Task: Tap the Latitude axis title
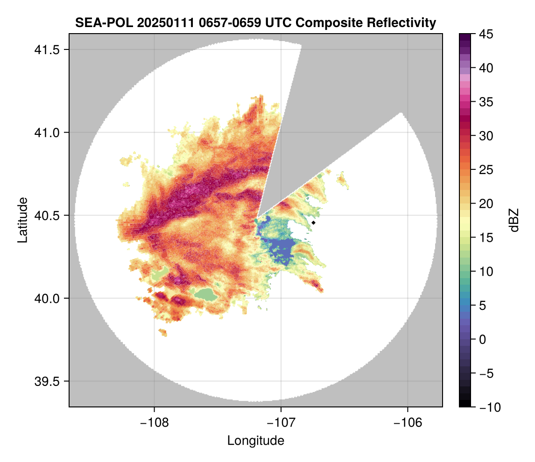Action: [22, 220]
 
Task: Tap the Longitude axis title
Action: [255, 440]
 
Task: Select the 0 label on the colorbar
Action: [482, 339]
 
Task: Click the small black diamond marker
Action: [314, 223]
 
